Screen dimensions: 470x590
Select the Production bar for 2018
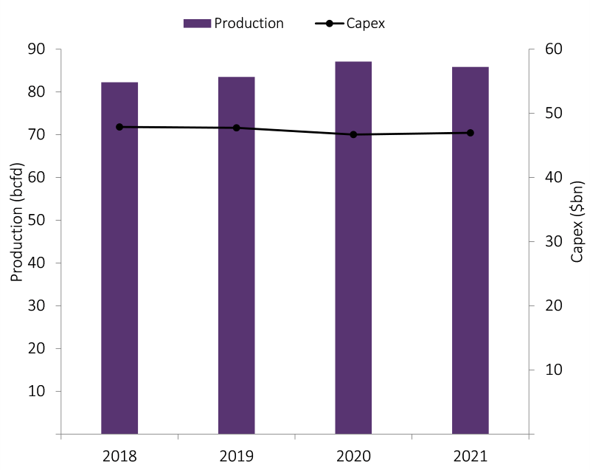click(119, 258)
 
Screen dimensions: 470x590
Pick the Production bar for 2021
click(470, 251)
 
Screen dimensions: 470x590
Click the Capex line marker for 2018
click(119, 127)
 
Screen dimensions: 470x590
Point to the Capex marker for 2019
click(236, 128)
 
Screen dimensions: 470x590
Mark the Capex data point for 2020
click(353, 134)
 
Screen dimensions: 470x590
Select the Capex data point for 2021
click(470, 133)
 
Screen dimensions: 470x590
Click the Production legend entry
click(234, 23)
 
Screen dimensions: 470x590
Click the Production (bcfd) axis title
click(17, 222)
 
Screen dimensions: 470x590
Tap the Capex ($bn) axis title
click(577, 221)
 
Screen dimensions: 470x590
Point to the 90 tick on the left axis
click(36, 49)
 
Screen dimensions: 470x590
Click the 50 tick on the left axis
click(36, 220)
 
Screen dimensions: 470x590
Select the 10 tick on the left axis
click(36, 391)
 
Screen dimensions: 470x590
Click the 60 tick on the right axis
click(553, 49)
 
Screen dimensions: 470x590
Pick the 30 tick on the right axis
click(553, 241)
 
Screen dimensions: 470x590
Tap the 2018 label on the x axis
click(119, 456)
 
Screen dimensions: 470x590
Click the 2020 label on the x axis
click(353, 456)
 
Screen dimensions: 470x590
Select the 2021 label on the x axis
click(470, 456)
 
